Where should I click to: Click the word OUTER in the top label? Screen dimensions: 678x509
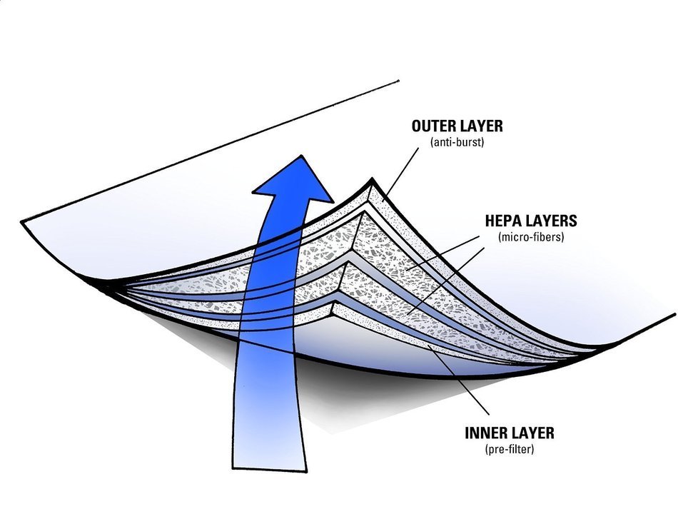tap(432, 126)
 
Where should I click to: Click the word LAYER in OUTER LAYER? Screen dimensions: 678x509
tap(480, 126)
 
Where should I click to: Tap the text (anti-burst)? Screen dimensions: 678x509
tap(457, 142)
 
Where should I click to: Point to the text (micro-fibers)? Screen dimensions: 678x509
tap(531, 237)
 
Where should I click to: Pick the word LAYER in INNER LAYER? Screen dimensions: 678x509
tap(532, 433)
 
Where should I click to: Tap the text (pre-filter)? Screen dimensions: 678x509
tap(510, 449)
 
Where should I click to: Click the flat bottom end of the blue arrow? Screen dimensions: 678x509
tap(270, 469)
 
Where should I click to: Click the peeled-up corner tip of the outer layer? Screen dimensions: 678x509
tap(372, 179)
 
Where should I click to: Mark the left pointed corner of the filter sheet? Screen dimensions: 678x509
tap(21, 222)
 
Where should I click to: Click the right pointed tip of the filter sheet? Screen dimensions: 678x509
tap(674, 314)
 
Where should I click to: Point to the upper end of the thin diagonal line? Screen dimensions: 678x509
tap(398, 81)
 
